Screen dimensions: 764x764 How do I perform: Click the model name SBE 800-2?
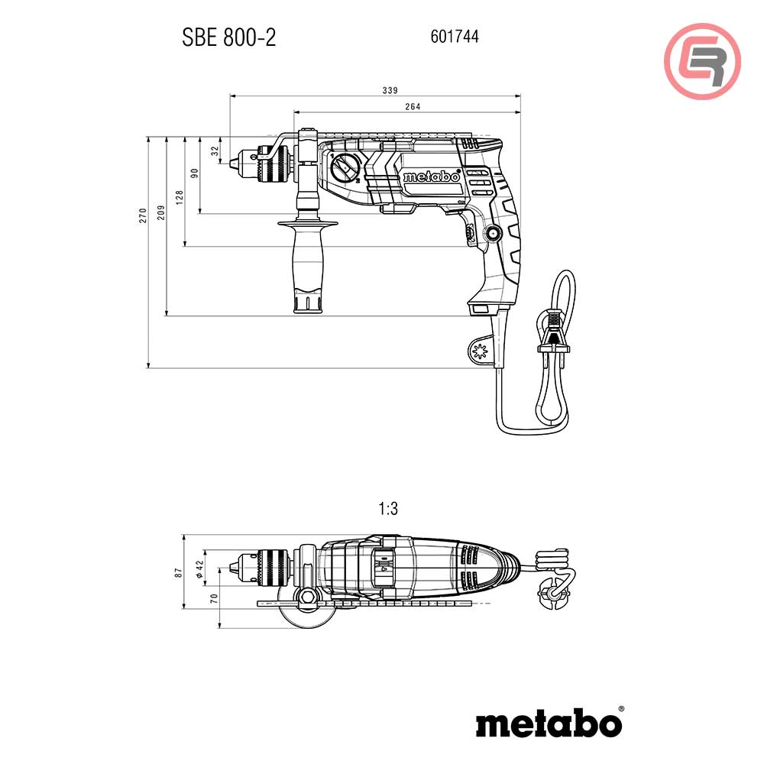click(229, 37)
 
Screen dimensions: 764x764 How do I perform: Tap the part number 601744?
click(455, 36)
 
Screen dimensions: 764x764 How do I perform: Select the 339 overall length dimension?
click(390, 90)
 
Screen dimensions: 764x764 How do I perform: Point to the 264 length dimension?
click(413, 106)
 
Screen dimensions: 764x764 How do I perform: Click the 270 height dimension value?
click(142, 216)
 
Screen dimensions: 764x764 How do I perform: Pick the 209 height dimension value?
click(160, 212)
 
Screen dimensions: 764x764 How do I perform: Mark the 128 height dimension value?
click(179, 197)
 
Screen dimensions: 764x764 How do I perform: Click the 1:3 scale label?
click(388, 508)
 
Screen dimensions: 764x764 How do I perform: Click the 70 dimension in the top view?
click(215, 598)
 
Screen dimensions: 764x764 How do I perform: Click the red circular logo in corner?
click(702, 60)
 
